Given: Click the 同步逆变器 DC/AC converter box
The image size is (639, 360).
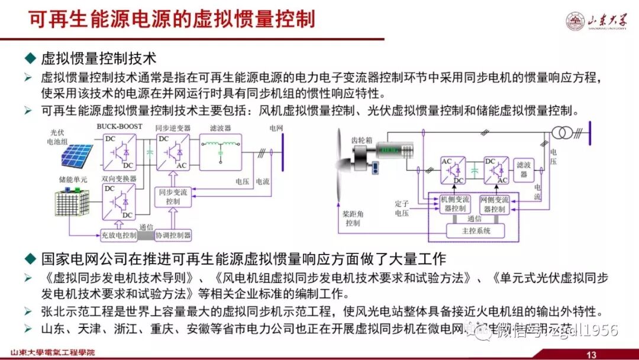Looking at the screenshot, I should click(x=172, y=152).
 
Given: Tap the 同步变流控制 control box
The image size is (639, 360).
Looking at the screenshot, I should click(x=173, y=197).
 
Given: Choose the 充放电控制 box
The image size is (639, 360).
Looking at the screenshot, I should click(x=118, y=235).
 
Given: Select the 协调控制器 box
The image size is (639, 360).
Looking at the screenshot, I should click(x=173, y=235).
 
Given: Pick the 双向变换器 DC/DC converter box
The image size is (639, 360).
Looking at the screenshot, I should click(x=119, y=201).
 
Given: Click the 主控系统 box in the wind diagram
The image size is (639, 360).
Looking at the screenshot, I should click(x=476, y=231).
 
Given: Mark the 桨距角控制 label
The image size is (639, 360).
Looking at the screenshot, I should click(x=353, y=218).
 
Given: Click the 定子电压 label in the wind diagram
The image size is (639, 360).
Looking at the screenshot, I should click(x=402, y=208).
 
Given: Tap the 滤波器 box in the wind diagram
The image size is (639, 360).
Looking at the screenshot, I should click(x=523, y=170).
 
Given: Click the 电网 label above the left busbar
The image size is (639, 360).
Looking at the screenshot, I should click(x=276, y=127).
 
